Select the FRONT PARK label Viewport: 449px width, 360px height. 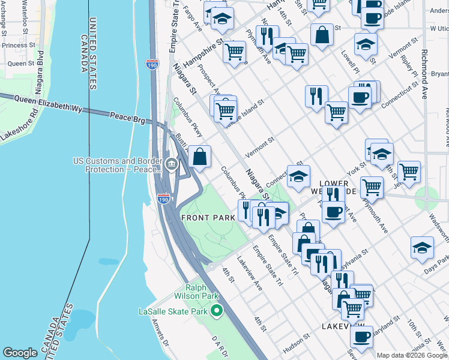click(x=208, y=217)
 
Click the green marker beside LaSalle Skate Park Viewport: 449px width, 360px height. click(x=217, y=311)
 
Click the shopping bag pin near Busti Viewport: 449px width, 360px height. click(x=199, y=157)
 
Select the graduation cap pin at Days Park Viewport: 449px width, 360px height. click(x=422, y=247)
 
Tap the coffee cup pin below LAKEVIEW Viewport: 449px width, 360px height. click(x=361, y=337)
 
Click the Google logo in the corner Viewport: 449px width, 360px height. click(x=20, y=353)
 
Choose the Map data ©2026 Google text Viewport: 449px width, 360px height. click(x=412, y=355)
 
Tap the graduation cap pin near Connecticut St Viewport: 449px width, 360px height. click(x=298, y=176)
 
